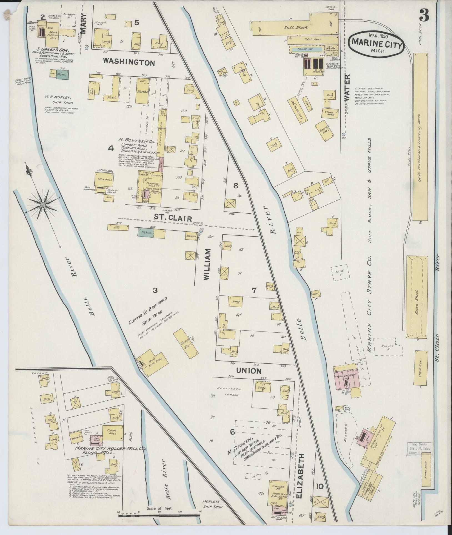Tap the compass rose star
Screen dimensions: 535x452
tap(43, 205)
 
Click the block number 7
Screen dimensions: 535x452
tap(254, 290)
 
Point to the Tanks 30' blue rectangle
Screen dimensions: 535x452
tap(307, 49)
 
